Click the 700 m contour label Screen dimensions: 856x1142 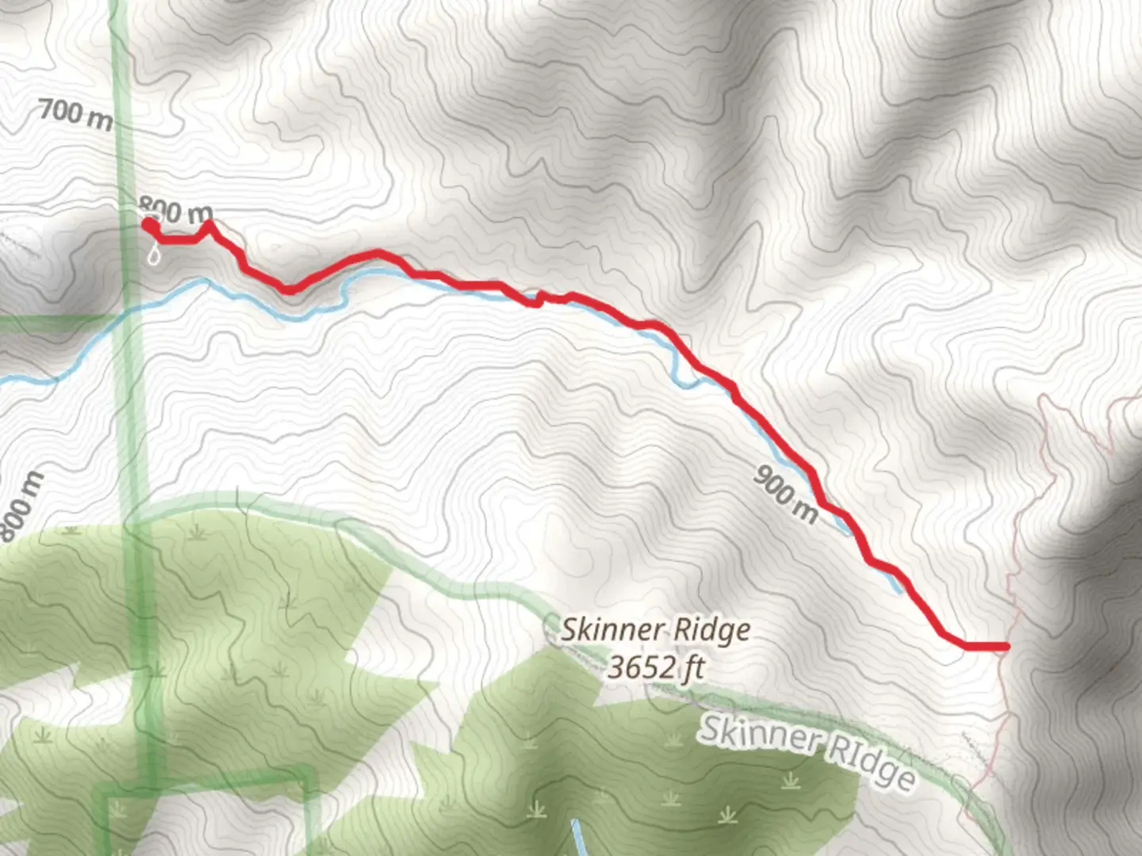click(x=75, y=113)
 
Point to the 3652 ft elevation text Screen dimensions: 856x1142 click(x=655, y=667)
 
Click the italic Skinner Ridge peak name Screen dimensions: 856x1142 click(x=655, y=630)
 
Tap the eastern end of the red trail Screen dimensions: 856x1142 click(x=1006, y=647)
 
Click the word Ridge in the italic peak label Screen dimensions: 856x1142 click(x=713, y=630)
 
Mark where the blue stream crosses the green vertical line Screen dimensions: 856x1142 click(x=127, y=308)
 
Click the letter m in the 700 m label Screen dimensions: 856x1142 click(x=100, y=119)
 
